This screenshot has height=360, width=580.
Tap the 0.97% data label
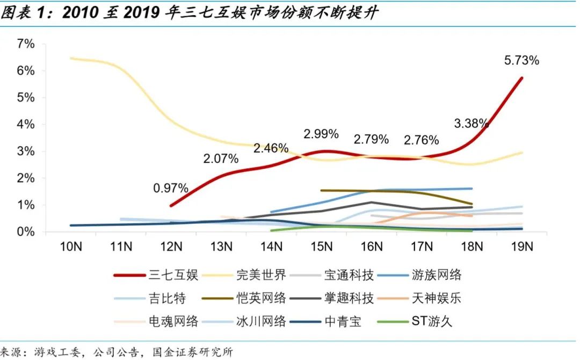[x=170, y=188]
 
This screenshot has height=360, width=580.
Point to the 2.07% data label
[x=220, y=159]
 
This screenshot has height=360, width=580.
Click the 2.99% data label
[x=321, y=134]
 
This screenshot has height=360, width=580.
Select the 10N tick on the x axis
[x=70, y=247]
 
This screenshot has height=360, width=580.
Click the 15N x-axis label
[x=321, y=247]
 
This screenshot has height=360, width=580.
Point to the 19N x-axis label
[x=522, y=247]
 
